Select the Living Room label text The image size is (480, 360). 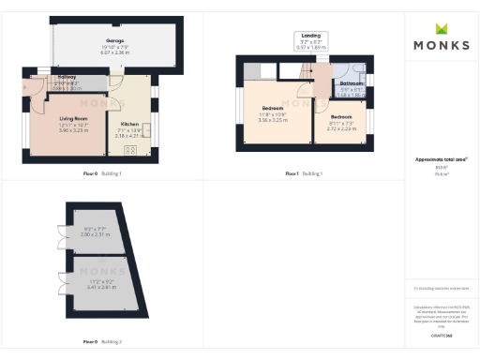[73, 117]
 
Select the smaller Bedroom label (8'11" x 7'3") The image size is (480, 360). [343, 119]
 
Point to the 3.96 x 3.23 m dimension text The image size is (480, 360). [73, 130]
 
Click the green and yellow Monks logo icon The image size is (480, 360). [441, 29]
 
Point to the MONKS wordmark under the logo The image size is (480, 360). [441, 45]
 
